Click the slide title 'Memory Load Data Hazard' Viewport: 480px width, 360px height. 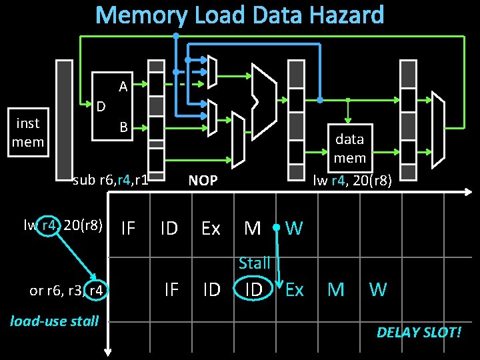pos(240,15)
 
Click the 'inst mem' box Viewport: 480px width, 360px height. pos(28,132)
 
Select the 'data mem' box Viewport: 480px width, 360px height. pos(350,148)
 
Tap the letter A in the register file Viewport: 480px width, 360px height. pos(123,86)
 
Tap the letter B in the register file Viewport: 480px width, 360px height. pos(123,127)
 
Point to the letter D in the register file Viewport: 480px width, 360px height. pos(101,106)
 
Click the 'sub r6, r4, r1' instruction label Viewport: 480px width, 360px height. pos(110,179)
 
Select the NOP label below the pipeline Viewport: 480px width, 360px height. pos(203,180)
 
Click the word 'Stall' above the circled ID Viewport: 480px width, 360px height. pos(254,263)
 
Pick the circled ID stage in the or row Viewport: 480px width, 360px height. pos(253,289)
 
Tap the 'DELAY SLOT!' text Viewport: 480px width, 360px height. pos(419,332)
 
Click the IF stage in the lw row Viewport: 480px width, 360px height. pos(128,229)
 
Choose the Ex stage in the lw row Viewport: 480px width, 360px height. pos(211,229)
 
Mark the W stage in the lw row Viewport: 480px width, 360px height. pos(294,229)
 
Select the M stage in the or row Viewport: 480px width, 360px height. pos(336,289)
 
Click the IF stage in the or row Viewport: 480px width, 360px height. pos(171,289)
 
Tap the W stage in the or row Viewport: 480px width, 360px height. pos(378,289)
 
